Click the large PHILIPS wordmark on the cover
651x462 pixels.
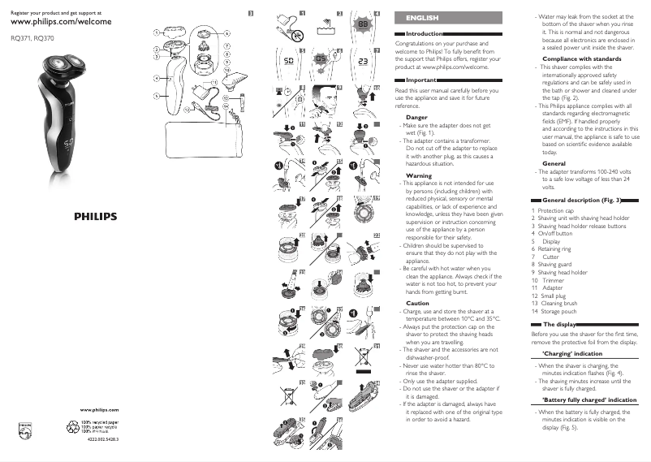pyautogui.click(x=101, y=217)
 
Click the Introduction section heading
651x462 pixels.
pyautogui.click(x=422, y=33)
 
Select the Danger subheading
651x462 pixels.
pyautogui.click(x=416, y=118)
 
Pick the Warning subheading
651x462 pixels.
pyautogui.click(x=418, y=175)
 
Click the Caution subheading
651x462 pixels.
pyautogui.click(x=417, y=303)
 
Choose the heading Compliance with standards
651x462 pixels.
pyautogui.click(x=581, y=58)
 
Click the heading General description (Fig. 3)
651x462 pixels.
pyautogui.click(x=581, y=200)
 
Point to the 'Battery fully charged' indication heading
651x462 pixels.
pyautogui.click(x=588, y=400)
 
